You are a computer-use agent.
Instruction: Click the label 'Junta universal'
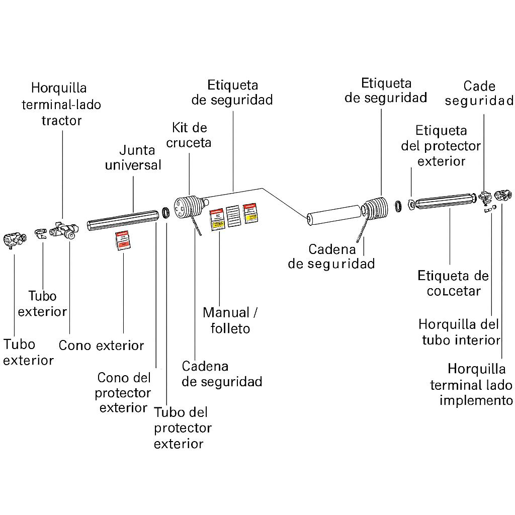tap(133, 157)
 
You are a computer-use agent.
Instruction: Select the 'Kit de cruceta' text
tap(189, 135)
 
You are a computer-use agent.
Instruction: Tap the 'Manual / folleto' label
tap(230, 320)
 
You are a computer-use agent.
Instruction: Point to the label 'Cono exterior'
tap(101, 346)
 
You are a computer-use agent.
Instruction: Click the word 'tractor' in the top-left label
tap(61, 121)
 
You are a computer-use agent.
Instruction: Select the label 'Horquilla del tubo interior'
tap(459, 331)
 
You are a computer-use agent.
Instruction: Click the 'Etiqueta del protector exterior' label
tap(441, 146)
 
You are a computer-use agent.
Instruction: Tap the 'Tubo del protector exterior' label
tap(182, 428)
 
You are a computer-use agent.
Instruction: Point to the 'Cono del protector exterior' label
tap(123, 392)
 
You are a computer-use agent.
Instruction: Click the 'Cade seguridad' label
tap(479, 93)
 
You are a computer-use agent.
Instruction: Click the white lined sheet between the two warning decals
tap(233, 216)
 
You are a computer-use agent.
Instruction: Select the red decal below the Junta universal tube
tap(123, 240)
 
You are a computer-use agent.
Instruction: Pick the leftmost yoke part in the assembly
tap(14, 240)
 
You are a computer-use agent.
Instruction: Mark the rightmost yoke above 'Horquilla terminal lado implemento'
tap(503, 194)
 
